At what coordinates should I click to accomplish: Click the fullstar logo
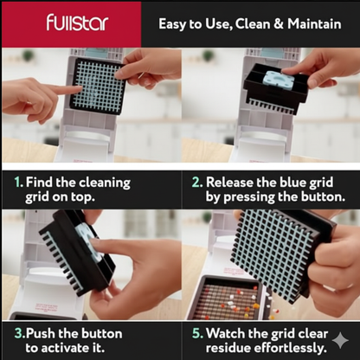[77, 22]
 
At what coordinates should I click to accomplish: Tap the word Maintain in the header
[314, 23]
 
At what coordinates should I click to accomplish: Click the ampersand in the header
[279, 23]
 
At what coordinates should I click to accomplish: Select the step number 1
[19, 183]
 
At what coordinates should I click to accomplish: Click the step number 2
[197, 183]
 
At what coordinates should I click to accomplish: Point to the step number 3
[20, 333]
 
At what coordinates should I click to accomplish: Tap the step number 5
[198, 333]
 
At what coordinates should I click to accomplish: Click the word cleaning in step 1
[105, 183]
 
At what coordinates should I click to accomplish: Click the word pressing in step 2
[247, 198]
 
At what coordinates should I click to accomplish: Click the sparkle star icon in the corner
[340, 341]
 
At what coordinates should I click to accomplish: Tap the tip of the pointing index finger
[80, 90]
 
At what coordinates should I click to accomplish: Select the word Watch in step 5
[226, 333]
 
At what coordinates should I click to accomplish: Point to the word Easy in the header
[172, 24]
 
